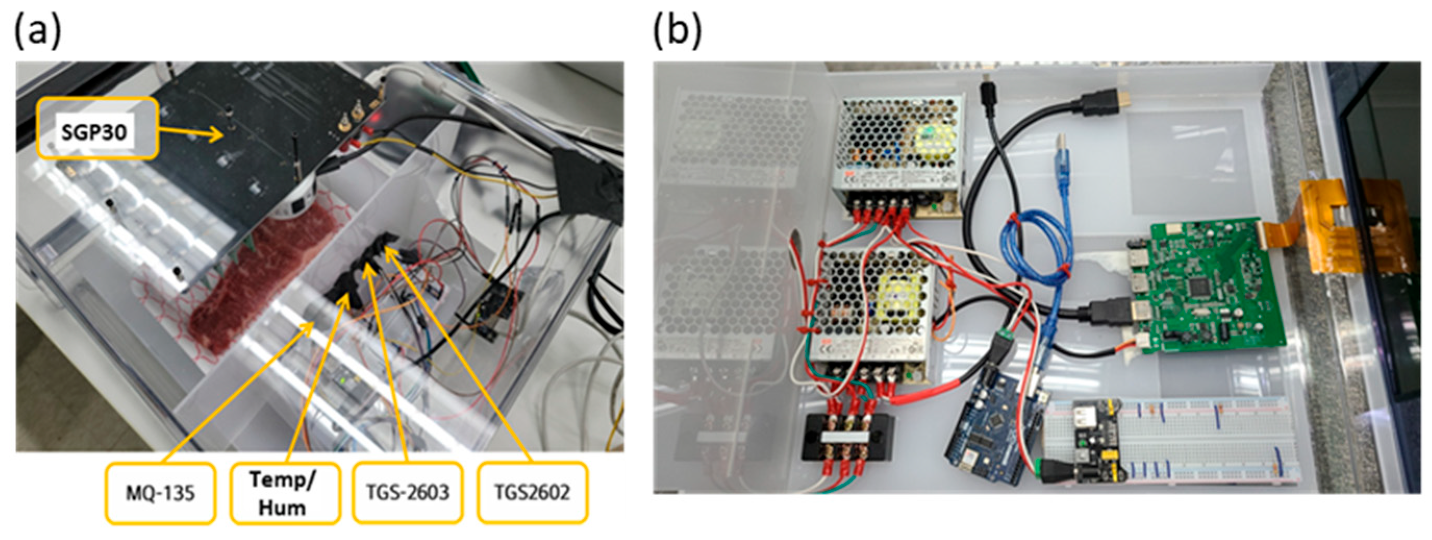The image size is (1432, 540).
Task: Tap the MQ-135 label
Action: pos(160,493)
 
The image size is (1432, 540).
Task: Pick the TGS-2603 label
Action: pos(408,493)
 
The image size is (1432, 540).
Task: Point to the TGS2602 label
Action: pos(532,493)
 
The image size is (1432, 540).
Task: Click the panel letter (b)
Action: pos(677,31)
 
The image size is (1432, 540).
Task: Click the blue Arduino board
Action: pos(995,423)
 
